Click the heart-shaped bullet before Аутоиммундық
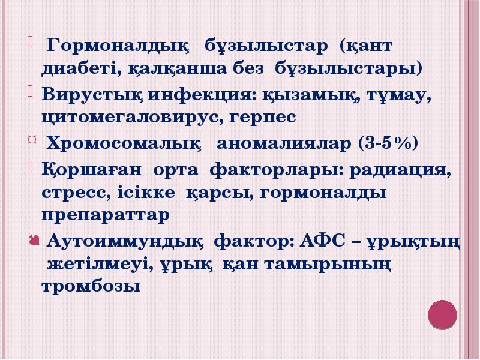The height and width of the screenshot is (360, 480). (x=34, y=241)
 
